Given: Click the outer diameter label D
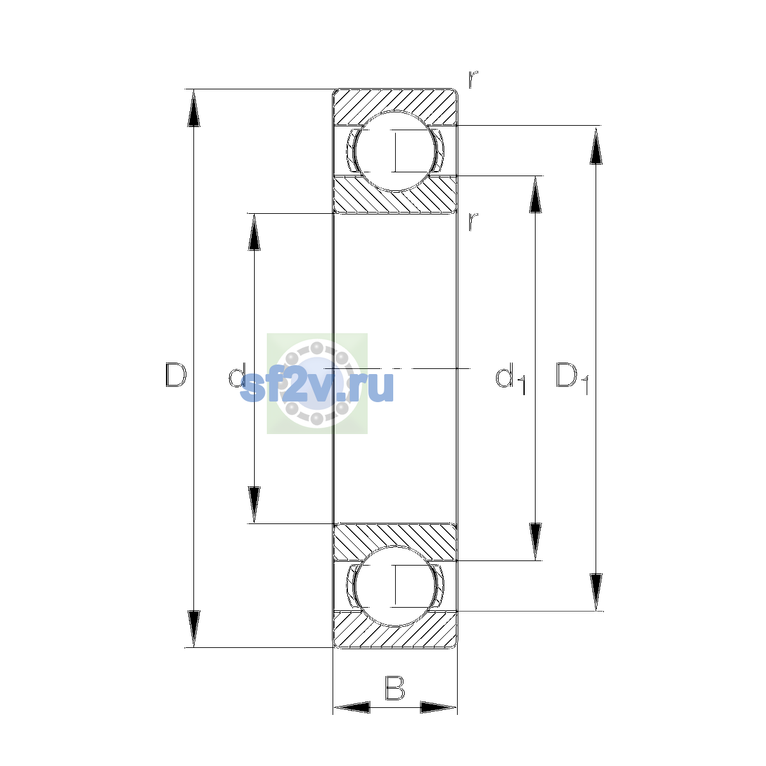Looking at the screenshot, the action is (x=176, y=375).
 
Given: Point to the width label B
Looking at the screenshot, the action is (x=394, y=687).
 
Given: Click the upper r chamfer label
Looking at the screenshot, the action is (x=472, y=80).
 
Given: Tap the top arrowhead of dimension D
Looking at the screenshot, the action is (x=193, y=108).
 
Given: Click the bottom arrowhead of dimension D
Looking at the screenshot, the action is (x=193, y=629).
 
